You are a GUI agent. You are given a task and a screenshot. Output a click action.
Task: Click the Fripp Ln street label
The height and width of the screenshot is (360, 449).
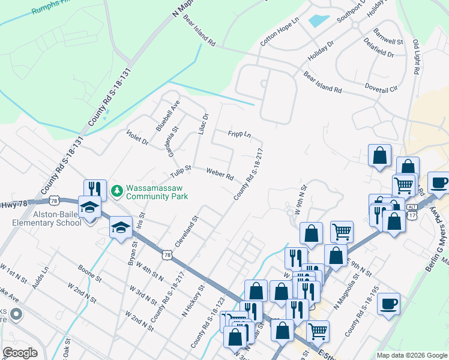click(239, 134)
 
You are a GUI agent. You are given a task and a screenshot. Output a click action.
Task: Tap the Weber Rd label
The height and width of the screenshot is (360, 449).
click(220, 174)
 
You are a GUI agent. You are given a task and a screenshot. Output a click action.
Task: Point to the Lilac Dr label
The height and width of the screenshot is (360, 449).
click(203, 124)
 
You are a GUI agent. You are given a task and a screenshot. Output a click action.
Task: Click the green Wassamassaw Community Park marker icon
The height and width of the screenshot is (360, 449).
click(116, 191)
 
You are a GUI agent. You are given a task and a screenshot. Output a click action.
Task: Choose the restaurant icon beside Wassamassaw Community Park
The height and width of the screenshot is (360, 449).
click(95, 188)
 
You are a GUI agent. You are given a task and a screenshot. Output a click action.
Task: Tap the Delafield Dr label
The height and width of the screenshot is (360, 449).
click(379, 47)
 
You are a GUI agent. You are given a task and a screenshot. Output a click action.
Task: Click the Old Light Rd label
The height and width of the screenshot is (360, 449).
click(416, 57)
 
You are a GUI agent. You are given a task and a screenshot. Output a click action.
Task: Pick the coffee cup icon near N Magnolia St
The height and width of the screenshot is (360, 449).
click(389, 302)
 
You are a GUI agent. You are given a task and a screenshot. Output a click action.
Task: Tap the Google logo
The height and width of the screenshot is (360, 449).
click(20, 353)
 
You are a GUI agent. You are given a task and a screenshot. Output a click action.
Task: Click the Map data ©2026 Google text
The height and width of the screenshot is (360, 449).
click(411, 355)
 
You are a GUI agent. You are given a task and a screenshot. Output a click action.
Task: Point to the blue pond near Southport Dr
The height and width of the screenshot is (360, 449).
click(319, 19)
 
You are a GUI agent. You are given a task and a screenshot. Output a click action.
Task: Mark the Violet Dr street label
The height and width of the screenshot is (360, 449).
click(137, 137)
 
